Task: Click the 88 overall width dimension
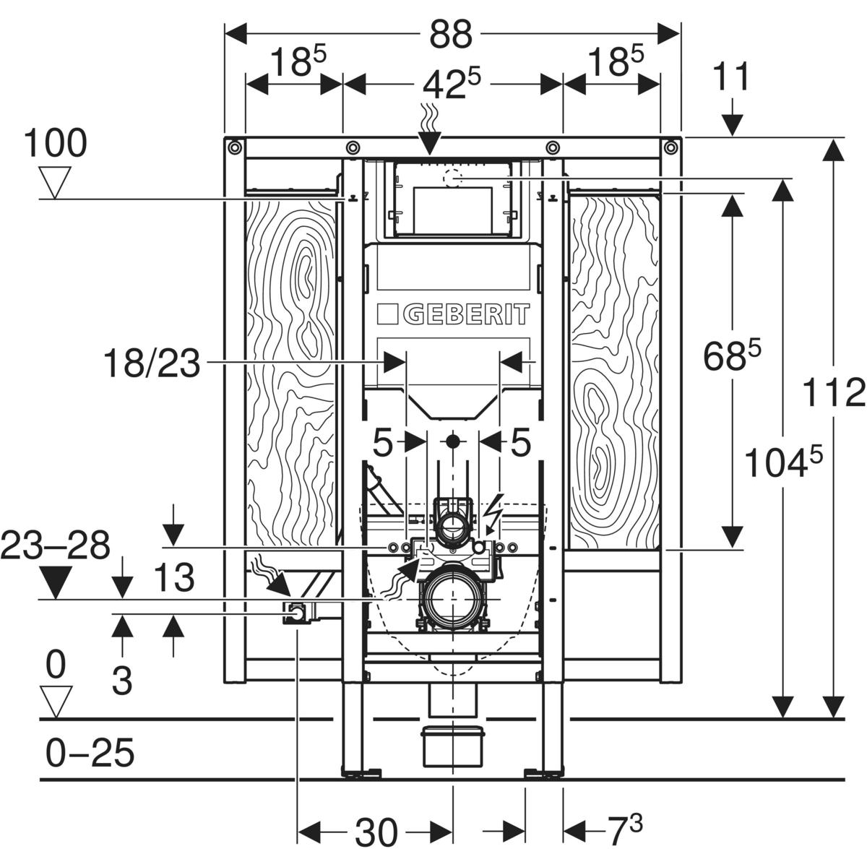point(451,35)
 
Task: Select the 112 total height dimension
point(834,392)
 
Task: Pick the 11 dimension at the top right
point(732,77)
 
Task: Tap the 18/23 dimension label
point(152,363)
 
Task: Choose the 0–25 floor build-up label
point(90,752)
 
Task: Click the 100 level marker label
point(55,143)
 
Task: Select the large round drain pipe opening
point(452,600)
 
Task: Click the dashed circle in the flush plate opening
point(452,178)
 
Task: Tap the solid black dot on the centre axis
point(452,442)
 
